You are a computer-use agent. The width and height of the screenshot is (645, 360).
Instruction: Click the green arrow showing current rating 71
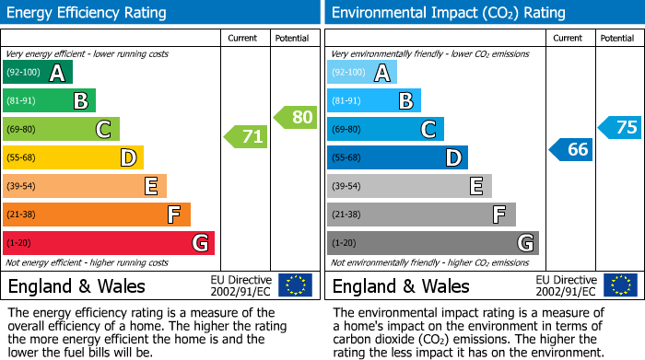coord(246,137)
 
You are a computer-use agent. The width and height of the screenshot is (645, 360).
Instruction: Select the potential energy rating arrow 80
coord(296,117)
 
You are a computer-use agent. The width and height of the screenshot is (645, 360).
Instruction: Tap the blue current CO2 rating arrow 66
coord(571,149)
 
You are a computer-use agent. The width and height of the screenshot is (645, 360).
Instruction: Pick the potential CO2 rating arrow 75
coord(620,127)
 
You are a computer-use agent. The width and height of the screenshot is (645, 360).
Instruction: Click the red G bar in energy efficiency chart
coord(109,243)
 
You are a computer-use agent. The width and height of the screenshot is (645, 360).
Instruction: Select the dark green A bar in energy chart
coord(38,73)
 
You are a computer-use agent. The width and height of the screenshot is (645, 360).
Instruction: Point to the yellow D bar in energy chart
coord(74,157)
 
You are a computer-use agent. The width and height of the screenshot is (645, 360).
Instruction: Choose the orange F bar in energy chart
coord(97,215)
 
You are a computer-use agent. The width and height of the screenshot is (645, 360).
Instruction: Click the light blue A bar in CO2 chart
coord(362,73)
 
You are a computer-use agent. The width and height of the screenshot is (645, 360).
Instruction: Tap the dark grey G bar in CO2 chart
coord(432,243)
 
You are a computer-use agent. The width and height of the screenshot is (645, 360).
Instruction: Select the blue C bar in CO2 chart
coord(385,130)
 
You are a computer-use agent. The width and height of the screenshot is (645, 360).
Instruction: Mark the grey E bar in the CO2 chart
coord(409,186)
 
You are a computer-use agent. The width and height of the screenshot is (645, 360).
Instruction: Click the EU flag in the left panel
coord(296,285)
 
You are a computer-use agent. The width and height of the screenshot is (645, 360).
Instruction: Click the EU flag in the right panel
coord(620,285)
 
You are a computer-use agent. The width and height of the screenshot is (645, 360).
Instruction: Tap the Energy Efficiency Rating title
coord(88,13)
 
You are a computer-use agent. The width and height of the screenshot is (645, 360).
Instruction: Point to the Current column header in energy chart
coord(242,38)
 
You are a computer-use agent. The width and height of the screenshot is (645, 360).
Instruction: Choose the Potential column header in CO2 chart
coord(617,38)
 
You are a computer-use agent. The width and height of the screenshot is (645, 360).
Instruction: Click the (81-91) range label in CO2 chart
coord(346,101)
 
